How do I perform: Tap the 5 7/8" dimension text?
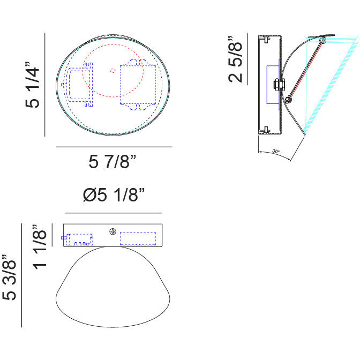[112, 162]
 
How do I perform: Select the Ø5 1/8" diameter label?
[114, 195]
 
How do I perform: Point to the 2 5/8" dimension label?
[235, 59]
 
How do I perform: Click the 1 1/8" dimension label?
[40, 247]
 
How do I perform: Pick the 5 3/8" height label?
[9, 277]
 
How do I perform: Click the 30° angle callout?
[275, 151]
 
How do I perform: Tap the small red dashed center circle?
[112, 71]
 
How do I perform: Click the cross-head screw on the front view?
[112, 231]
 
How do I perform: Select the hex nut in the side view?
[279, 85]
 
